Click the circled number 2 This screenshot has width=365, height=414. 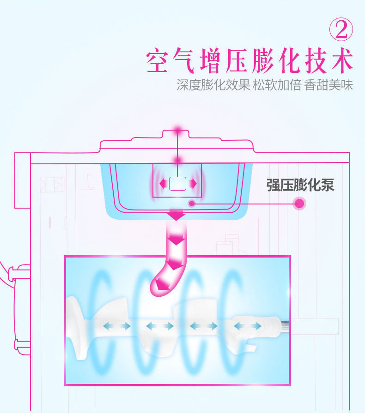click(341, 29)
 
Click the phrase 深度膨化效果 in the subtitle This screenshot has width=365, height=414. click(213, 85)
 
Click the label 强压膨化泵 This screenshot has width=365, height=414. click(300, 185)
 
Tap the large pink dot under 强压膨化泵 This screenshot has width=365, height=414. click(299, 203)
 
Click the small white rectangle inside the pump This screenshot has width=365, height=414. click(177, 184)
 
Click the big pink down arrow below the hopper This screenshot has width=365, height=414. click(177, 215)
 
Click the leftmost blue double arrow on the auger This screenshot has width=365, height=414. click(116, 326)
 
